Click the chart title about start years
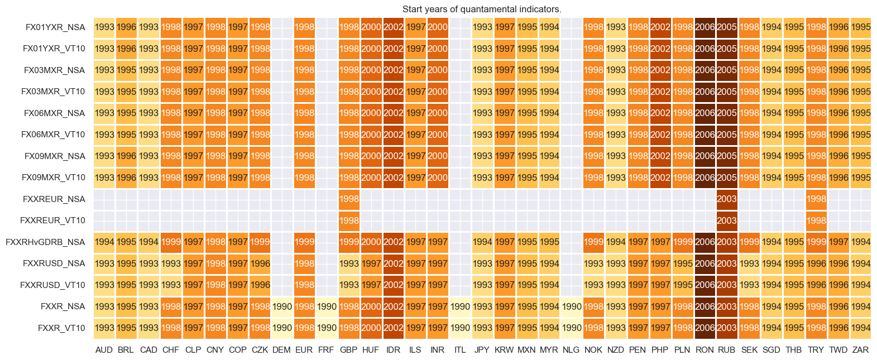(482, 9)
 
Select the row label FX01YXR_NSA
(55, 27)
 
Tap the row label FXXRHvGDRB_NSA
(45, 242)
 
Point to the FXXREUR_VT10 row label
(52, 220)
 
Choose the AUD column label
(104, 350)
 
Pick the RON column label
(705, 350)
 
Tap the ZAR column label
(860, 350)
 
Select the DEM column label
(281, 350)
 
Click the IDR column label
(393, 350)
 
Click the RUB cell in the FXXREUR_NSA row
(727, 199)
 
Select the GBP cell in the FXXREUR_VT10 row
(349, 220)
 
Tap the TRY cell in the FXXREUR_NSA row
(816, 199)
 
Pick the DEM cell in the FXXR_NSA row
(282, 306)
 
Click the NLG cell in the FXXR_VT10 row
(571, 328)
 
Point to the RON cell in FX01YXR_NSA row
(705, 27)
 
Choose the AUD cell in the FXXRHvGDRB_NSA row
(104, 242)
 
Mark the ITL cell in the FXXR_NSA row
(460, 306)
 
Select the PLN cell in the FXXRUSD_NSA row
(682, 263)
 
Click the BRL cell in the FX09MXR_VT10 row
(126, 177)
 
